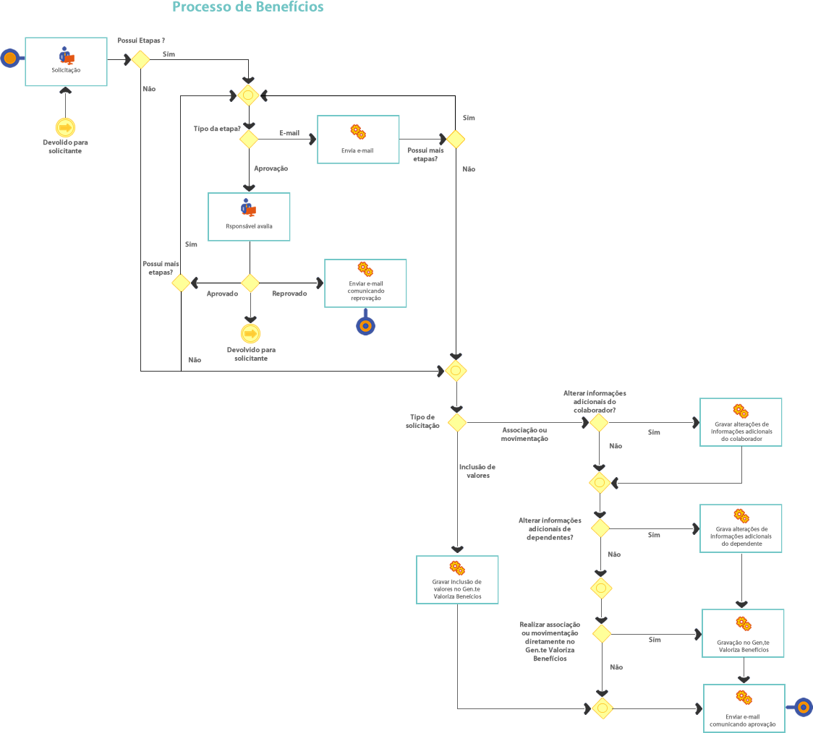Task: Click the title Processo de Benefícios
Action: pyautogui.click(x=248, y=8)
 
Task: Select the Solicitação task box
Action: pyautogui.click(x=66, y=62)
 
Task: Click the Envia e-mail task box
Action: pyautogui.click(x=358, y=140)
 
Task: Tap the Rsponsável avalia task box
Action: pyautogui.click(x=249, y=217)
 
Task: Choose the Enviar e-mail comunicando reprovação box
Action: pyautogui.click(x=365, y=283)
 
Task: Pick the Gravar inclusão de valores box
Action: pyautogui.click(x=456, y=580)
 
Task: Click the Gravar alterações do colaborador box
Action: pyautogui.click(x=741, y=422)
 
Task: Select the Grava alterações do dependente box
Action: pyautogui.click(x=741, y=528)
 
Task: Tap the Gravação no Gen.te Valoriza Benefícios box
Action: pyautogui.click(x=743, y=633)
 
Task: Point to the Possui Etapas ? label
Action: pyautogui.click(x=141, y=40)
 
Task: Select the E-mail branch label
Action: pyautogui.click(x=289, y=133)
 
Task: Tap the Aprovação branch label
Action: pyautogui.click(x=271, y=168)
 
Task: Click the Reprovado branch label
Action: pyautogui.click(x=290, y=293)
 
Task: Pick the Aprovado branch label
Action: pyautogui.click(x=223, y=294)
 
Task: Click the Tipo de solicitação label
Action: pyautogui.click(x=422, y=421)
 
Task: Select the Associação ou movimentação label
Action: pyautogui.click(x=525, y=434)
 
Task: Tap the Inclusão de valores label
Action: pyautogui.click(x=477, y=471)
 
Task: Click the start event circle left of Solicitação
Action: pyautogui.click(x=9, y=57)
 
